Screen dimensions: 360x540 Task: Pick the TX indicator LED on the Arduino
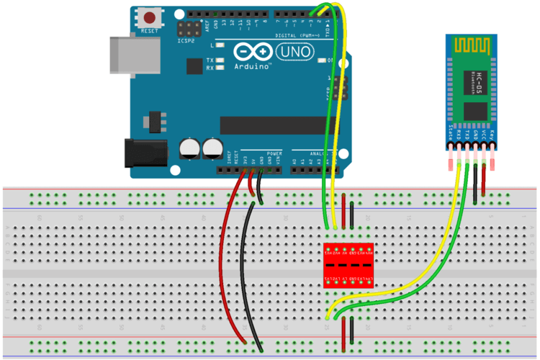(220, 60)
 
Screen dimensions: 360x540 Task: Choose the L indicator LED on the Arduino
(220, 45)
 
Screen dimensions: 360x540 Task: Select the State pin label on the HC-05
(451, 132)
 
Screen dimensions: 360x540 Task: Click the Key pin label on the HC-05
(492, 134)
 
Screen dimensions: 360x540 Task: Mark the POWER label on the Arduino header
(274, 154)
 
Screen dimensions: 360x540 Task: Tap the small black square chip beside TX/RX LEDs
(194, 66)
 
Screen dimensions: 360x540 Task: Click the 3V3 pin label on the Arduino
(244, 159)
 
